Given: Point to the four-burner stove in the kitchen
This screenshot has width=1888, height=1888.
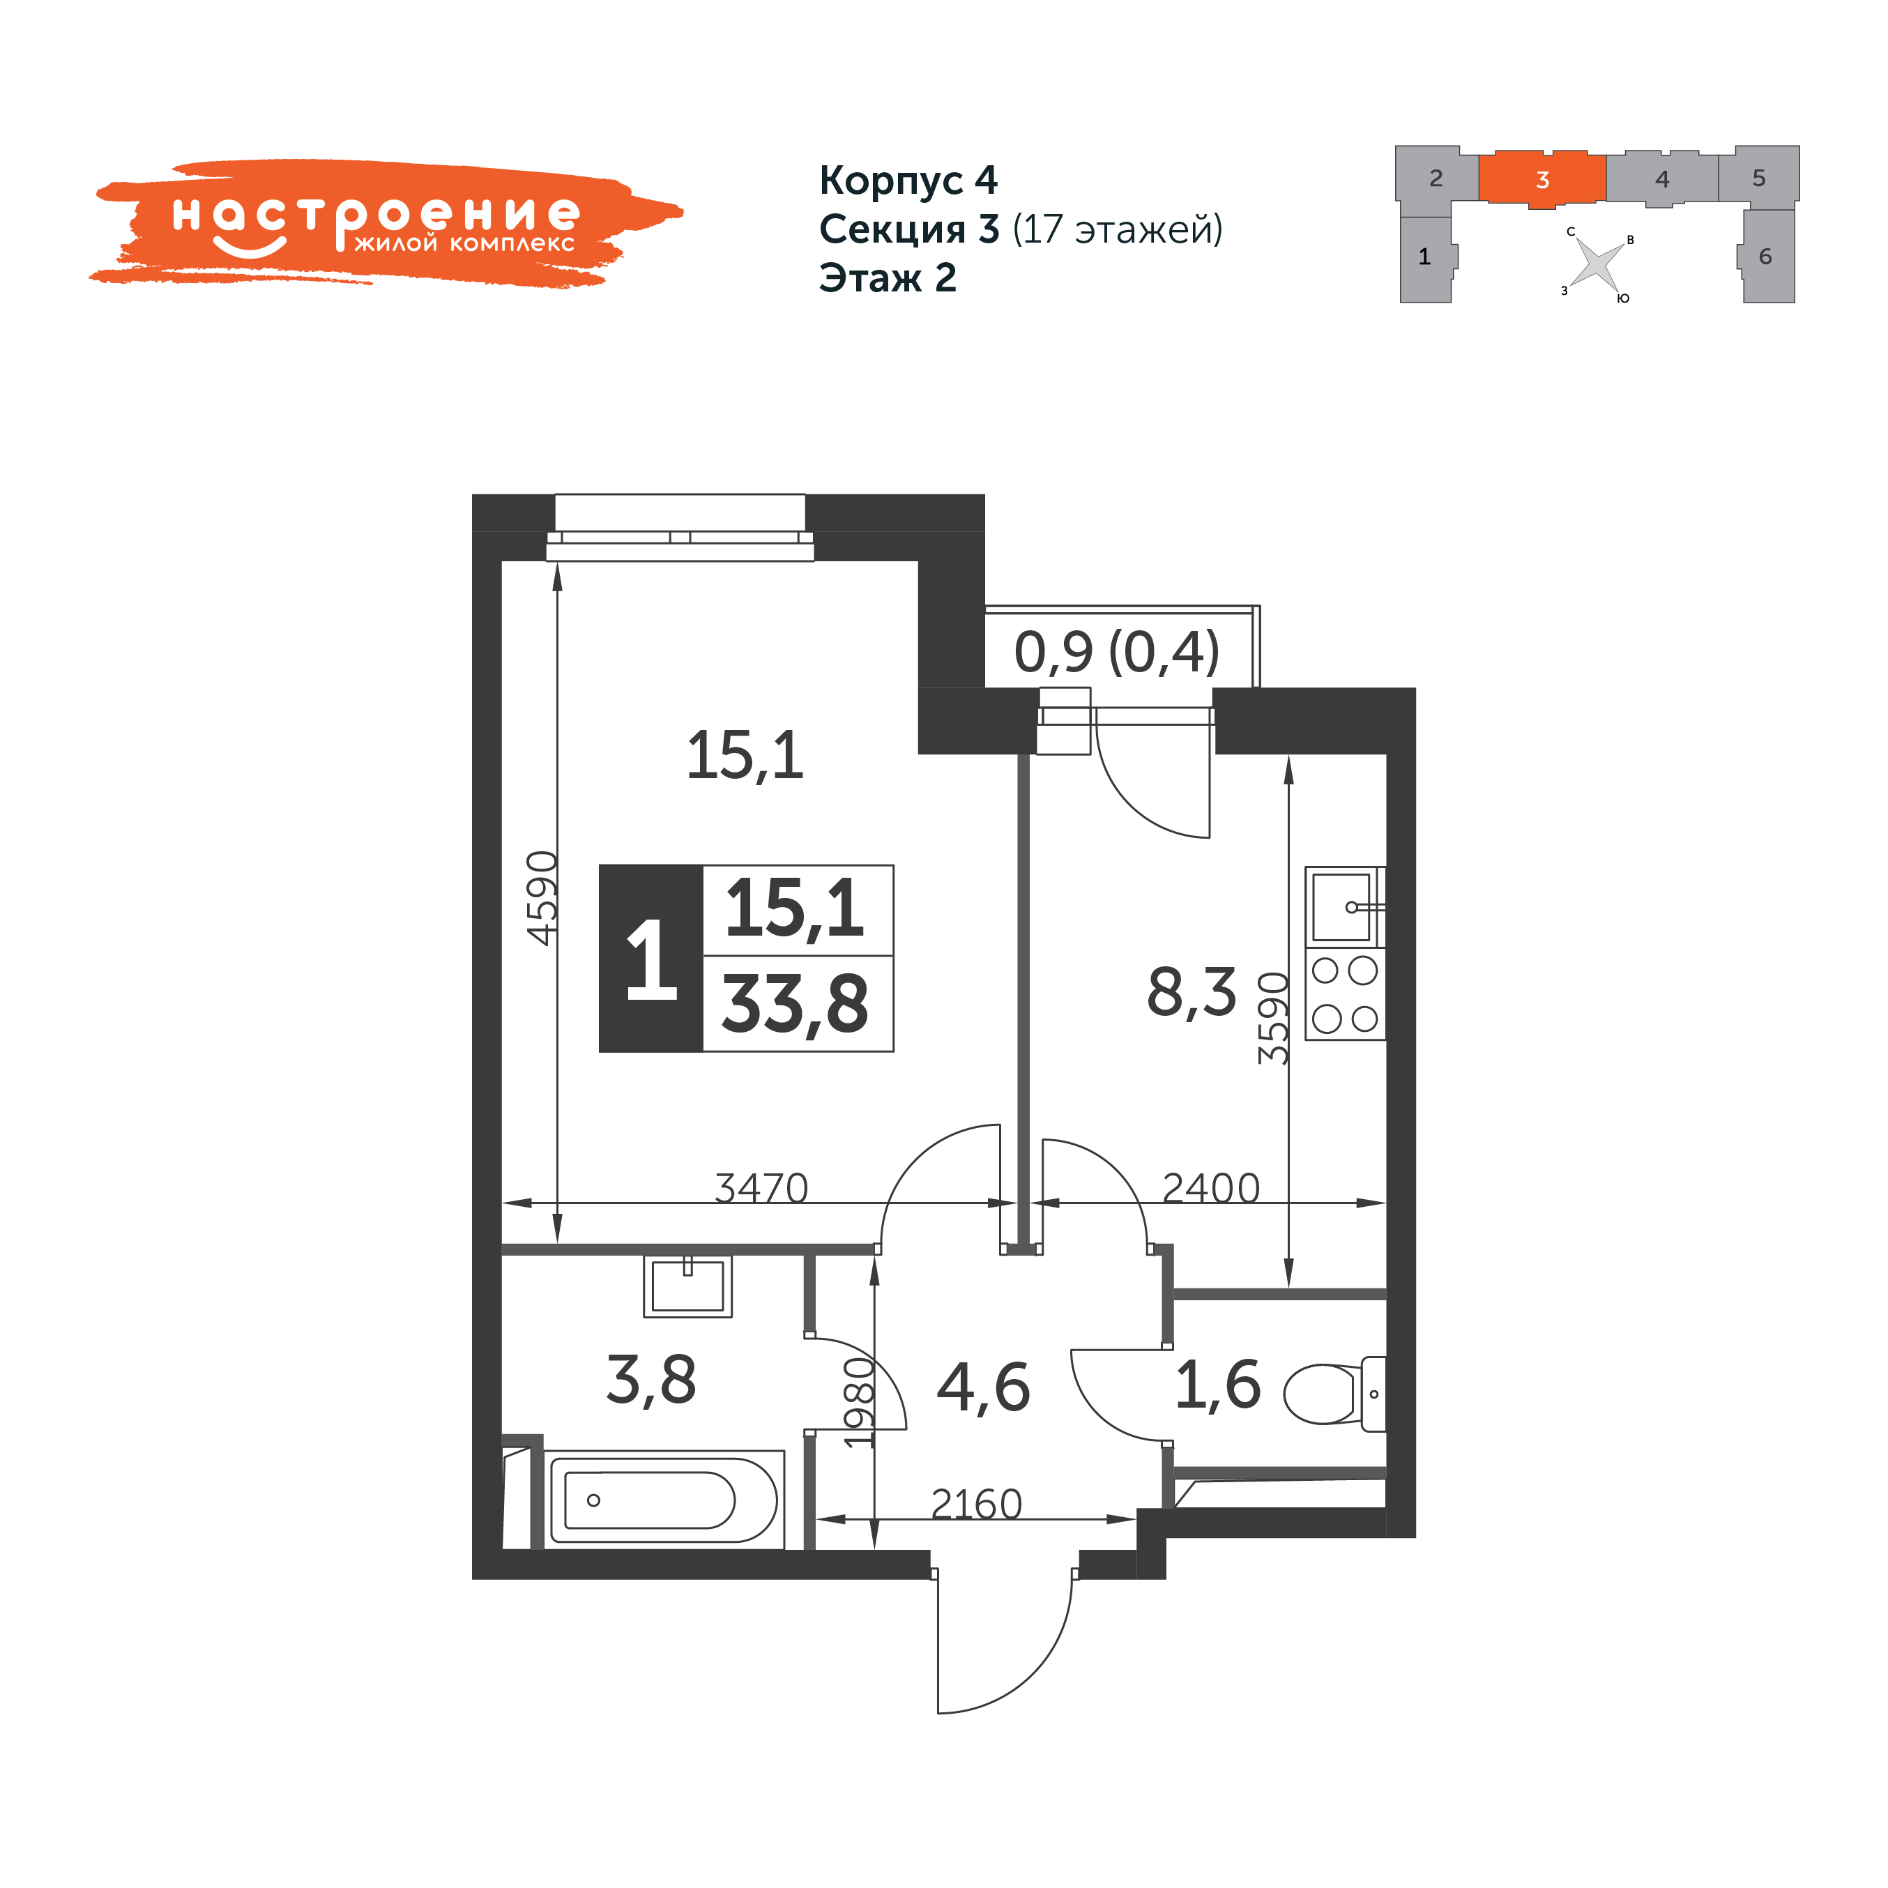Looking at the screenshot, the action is [x=1345, y=994].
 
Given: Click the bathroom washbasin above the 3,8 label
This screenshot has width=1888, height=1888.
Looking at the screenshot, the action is [x=688, y=1286].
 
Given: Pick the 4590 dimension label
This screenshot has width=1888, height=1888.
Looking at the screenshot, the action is [x=543, y=898].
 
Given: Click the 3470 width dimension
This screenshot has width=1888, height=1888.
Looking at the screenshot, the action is [x=761, y=1188].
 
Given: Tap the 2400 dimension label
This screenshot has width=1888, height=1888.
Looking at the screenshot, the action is [x=1211, y=1188].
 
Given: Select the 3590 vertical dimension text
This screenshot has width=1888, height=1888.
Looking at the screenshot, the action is [x=1273, y=1019].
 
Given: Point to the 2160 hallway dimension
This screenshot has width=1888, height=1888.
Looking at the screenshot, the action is [x=976, y=1504].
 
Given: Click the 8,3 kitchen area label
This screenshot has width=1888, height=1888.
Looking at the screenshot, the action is [x=1192, y=993].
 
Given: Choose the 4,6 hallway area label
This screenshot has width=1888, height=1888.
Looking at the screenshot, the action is [x=983, y=1387].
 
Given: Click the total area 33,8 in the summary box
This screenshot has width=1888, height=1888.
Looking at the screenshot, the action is [x=795, y=1004].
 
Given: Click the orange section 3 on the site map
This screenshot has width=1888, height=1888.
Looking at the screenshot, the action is [x=1542, y=180].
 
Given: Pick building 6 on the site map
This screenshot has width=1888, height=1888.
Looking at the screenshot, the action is [x=1767, y=256].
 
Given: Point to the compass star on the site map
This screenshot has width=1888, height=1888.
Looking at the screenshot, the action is [x=1597, y=264].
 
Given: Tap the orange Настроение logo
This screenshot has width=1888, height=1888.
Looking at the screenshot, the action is [x=386, y=223].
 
